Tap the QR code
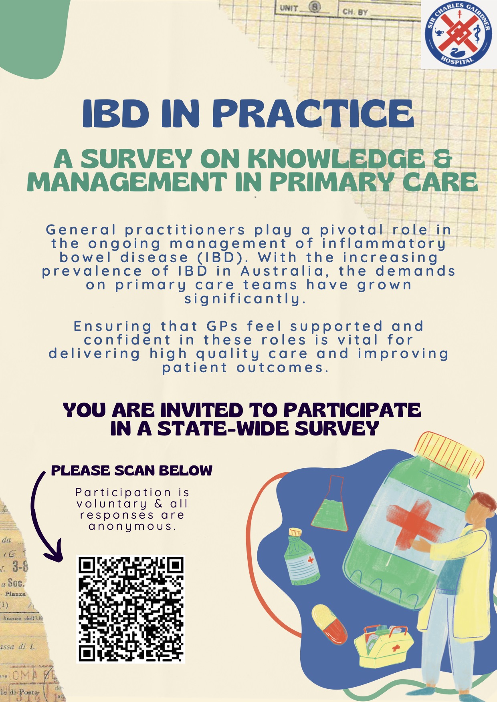pos(131,610)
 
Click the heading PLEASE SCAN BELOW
pos(132,470)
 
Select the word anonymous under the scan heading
pos(132,526)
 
